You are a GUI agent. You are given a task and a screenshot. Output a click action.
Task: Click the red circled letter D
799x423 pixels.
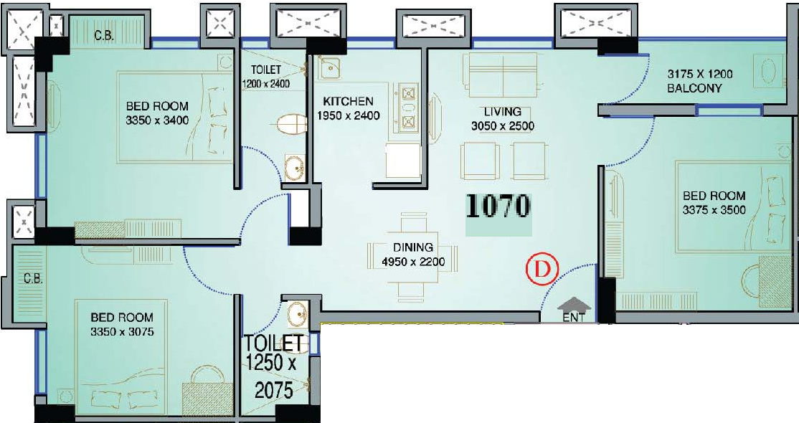pos(542,269)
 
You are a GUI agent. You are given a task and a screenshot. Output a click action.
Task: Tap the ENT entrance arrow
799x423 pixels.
pos(574,305)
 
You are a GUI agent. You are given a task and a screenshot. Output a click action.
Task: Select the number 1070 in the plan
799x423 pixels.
pos(498,206)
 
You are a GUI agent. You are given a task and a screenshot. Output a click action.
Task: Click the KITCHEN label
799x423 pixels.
pos(348,101)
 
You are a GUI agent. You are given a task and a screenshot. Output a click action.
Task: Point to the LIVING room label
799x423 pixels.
pos(503,111)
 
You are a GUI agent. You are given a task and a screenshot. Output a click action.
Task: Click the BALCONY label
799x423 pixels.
pos(694,88)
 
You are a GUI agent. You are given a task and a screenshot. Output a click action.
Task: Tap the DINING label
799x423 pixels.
pos(412,247)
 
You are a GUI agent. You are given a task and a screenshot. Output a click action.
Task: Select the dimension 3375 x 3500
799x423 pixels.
pos(714,210)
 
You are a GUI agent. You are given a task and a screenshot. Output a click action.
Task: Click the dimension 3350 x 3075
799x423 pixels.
pos(122,332)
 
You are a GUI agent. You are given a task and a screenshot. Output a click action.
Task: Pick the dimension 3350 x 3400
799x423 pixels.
pos(157,120)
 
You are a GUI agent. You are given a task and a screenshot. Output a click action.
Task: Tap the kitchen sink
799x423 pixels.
pos(330,66)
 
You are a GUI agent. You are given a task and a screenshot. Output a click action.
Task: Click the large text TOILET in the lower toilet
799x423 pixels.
pos(274,343)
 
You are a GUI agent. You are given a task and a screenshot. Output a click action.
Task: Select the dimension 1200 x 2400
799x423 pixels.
pos(265,84)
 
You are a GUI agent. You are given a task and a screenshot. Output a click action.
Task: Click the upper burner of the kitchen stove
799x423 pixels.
pos(407,94)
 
